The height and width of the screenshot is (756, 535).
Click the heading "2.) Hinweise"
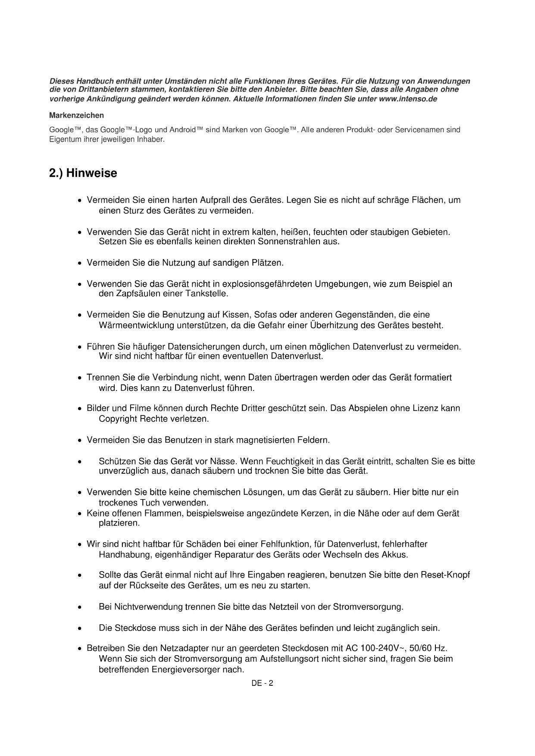tap(83, 173)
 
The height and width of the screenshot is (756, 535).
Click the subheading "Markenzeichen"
tap(76, 116)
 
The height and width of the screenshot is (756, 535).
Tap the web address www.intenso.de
tap(408, 99)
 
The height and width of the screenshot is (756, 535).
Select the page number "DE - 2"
tap(263, 683)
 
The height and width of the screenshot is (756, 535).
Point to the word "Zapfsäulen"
tap(135, 294)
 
